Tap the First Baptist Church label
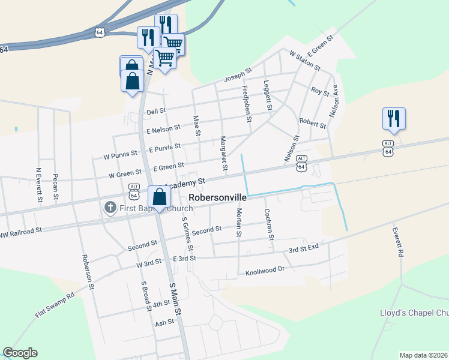(x=143, y=208)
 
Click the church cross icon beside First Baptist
(x=110, y=208)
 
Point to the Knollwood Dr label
(x=265, y=271)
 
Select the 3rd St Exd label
(x=304, y=248)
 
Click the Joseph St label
(x=237, y=76)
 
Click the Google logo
(x=20, y=353)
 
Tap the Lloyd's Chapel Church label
(x=414, y=313)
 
